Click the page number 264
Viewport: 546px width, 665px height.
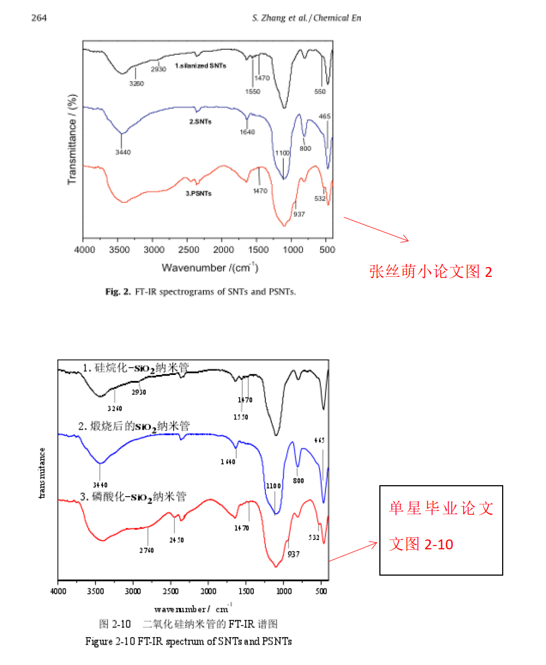39,18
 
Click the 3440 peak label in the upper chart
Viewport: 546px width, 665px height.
123,152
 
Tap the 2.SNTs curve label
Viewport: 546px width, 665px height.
200,122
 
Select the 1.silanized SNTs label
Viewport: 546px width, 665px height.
200,66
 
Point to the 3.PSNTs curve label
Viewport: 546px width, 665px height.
198,193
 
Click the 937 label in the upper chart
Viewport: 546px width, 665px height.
299,214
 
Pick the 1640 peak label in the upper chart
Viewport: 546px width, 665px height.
247,132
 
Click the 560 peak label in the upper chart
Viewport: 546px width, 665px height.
320,92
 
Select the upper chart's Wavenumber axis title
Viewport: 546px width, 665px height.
210,268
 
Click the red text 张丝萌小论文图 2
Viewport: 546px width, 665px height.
430,271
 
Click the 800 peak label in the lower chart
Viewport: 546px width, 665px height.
298,480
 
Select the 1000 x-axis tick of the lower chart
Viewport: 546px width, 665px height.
284,592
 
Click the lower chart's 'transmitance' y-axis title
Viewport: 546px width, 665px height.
42,473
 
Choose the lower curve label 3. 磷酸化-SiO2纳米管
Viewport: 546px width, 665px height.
133,497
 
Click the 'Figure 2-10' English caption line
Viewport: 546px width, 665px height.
188,641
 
